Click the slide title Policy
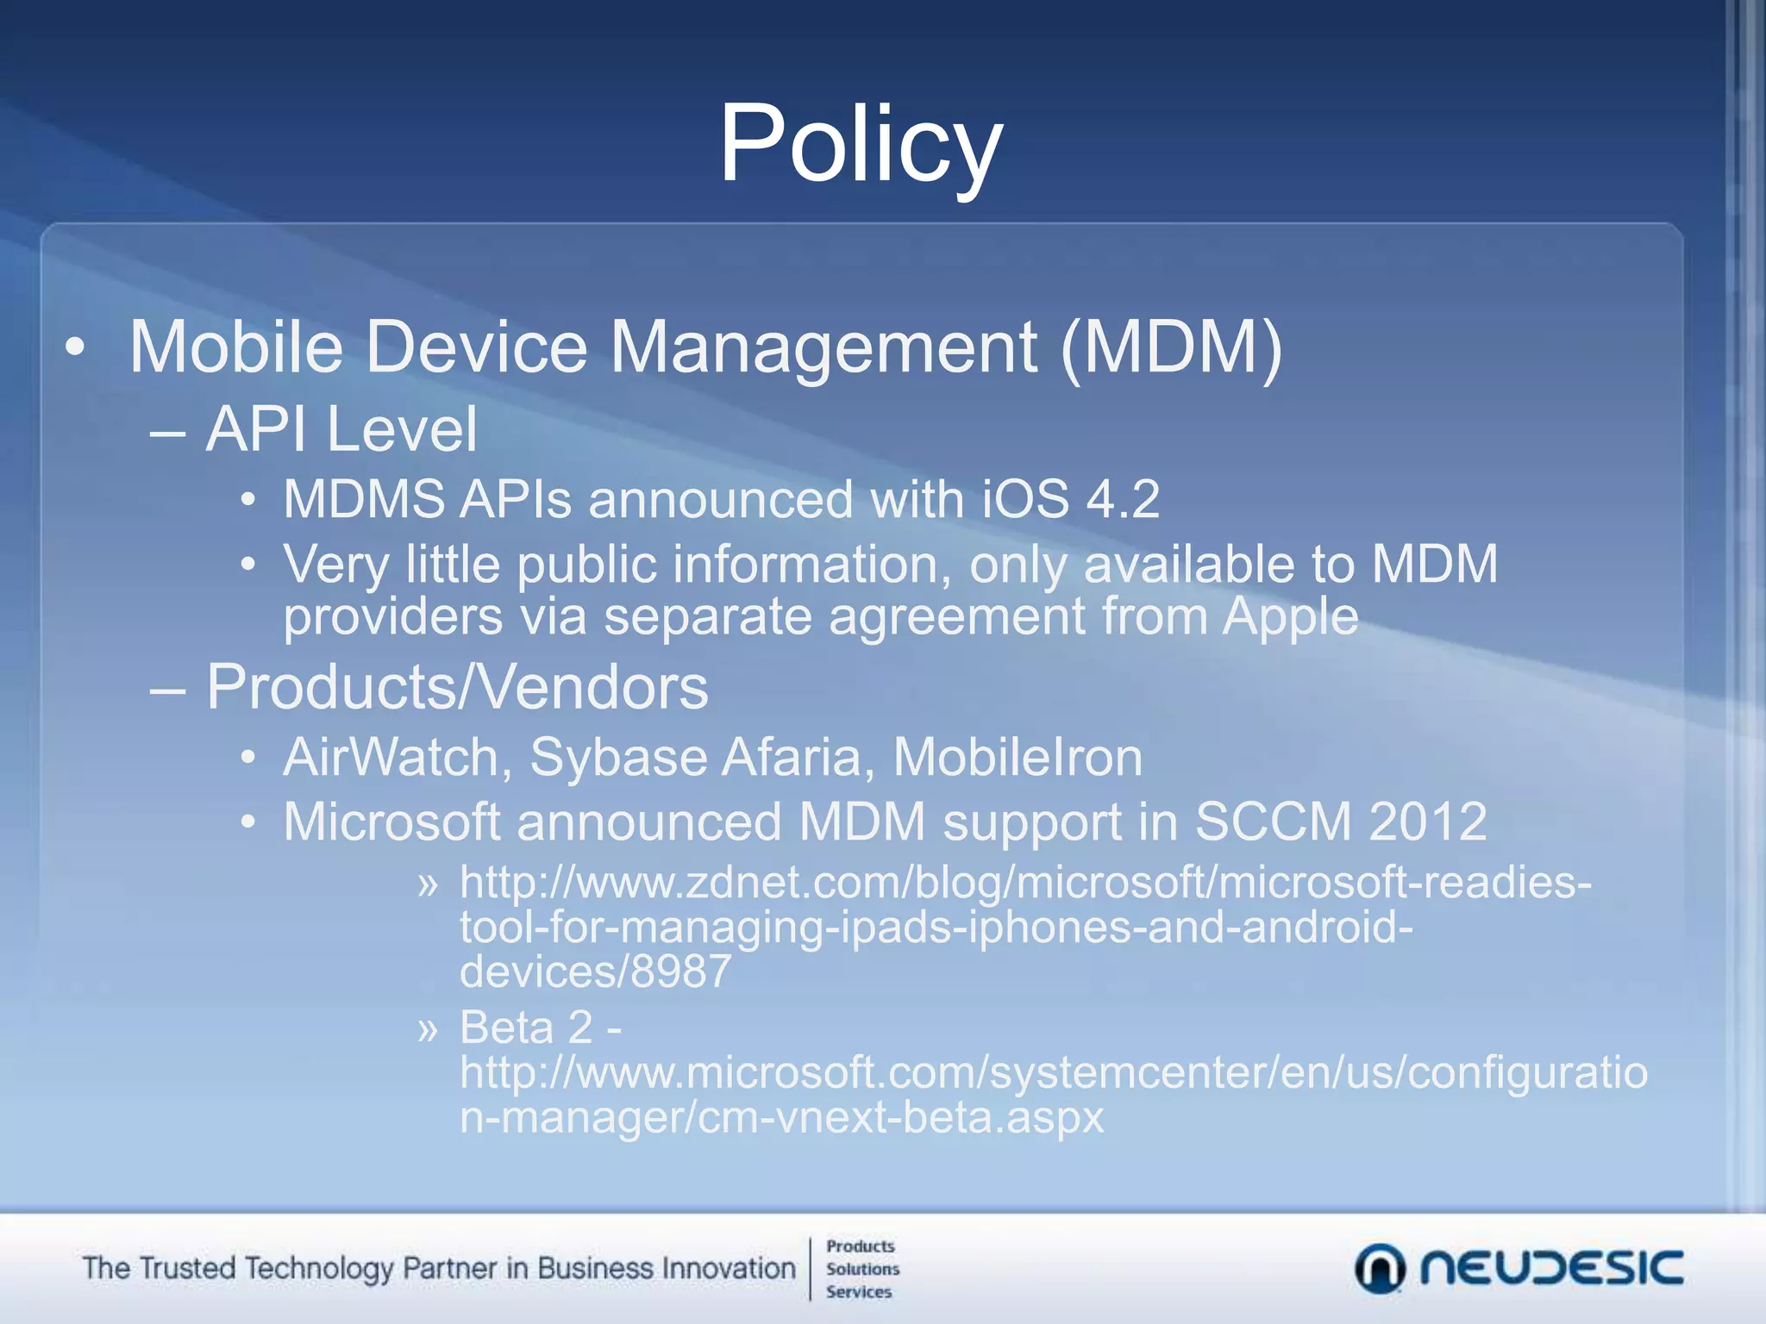point(861,144)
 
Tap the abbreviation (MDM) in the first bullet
point(1171,347)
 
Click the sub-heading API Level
point(341,429)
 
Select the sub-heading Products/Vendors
point(457,687)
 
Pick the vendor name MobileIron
point(1018,757)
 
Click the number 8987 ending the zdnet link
point(681,971)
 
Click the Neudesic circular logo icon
point(1380,1269)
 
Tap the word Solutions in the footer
point(862,1269)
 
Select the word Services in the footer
point(859,1291)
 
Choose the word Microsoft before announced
point(392,821)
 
